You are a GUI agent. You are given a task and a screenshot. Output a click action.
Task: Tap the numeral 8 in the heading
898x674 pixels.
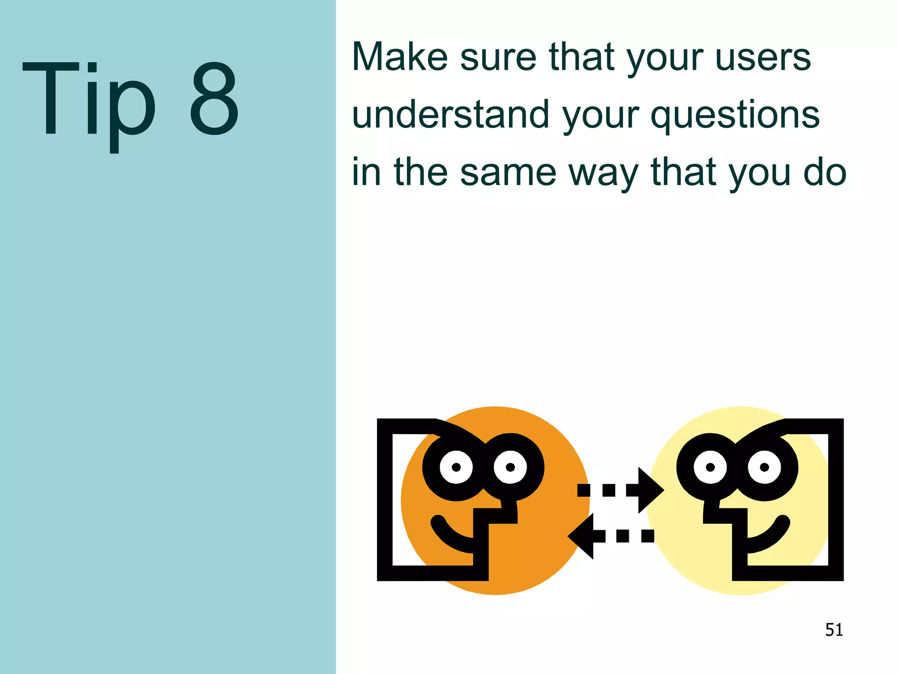[214, 99]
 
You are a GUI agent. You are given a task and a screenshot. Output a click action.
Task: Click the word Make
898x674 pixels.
[400, 57]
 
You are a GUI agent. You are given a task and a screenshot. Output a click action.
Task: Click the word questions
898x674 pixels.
[735, 115]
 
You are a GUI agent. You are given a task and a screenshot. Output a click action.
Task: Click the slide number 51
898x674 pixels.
[834, 630]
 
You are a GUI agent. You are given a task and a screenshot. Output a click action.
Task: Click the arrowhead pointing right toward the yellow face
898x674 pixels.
[650, 490]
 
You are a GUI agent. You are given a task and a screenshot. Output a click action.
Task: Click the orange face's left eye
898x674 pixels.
[456, 467]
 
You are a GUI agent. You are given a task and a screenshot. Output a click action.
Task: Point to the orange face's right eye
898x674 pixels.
[510, 467]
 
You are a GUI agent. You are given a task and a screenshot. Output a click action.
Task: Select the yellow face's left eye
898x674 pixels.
[710, 467]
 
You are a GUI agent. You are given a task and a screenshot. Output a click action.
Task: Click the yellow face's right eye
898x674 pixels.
[764, 467]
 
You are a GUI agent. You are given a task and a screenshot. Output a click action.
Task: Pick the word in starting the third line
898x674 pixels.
[366, 172]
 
